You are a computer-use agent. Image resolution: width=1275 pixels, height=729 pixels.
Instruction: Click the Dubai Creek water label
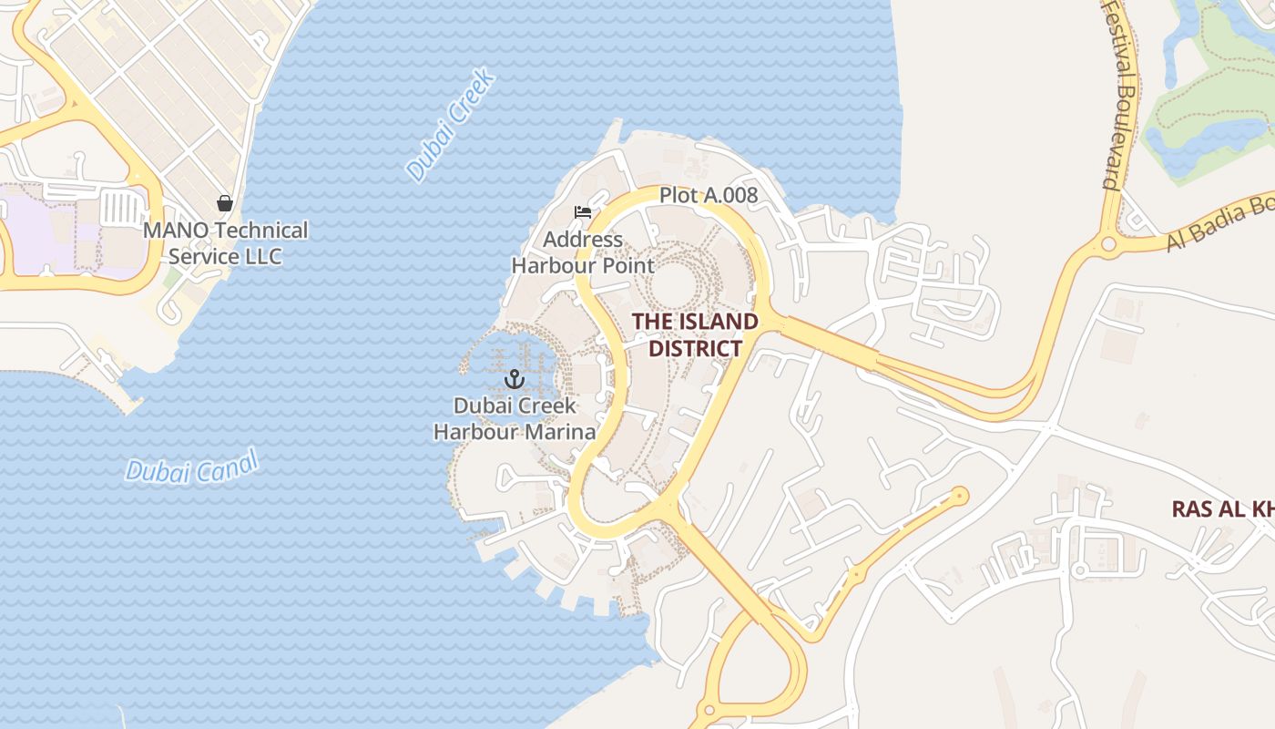(x=451, y=124)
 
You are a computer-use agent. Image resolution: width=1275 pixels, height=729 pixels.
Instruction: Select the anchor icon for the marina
(x=515, y=378)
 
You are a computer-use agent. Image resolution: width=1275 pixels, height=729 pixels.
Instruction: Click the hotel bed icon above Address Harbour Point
(x=583, y=212)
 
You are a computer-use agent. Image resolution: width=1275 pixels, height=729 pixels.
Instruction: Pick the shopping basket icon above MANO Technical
(x=224, y=203)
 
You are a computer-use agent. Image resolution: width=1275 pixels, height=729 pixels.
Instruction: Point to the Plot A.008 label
(x=708, y=195)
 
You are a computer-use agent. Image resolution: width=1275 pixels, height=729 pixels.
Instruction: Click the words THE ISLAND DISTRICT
(x=695, y=334)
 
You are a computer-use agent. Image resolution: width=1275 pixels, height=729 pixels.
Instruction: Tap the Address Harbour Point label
(x=583, y=252)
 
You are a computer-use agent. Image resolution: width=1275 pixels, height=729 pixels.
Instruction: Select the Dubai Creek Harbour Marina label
(x=515, y=418)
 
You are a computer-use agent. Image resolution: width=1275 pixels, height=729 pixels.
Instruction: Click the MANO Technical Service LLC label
(x=225, y=243)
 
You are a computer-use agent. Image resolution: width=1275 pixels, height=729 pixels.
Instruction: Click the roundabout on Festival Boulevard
(x=1108, y=243)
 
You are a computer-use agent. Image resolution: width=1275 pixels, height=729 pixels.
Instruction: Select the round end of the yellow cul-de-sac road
(x=958, y=496)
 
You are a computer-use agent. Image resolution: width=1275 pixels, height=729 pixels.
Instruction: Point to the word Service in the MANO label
(x=199, y=256)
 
